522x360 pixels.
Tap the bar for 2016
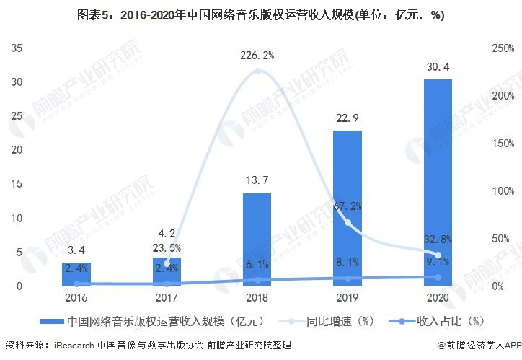click(x=76, y=274)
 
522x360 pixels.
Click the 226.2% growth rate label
click(x=257, y=54)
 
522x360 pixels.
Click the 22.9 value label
click(x=348, y=118)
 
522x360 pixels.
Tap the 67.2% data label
click(x=348, y=206)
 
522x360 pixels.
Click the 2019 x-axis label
click(x=348, y=297)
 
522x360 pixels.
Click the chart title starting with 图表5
click(x=261, y=14)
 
